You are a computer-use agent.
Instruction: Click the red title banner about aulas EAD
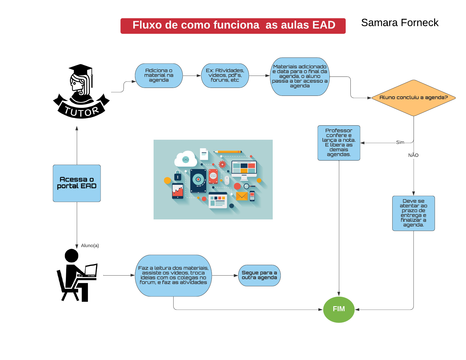pos(233,26)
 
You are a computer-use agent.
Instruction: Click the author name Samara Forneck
pos(400,23)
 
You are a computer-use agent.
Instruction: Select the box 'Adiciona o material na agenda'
pos(159,76)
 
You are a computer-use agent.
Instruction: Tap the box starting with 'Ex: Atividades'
pos(225,76)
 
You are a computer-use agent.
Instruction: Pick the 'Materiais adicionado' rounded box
pos(299,76)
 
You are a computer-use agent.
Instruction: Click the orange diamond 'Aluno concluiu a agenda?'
pos(413,98)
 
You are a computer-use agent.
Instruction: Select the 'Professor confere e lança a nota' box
pos(339,143)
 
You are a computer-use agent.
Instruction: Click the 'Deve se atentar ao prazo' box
pos(413,213)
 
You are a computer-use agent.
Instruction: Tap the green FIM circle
pos(339,309)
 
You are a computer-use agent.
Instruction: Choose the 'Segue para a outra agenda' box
pos(259,275)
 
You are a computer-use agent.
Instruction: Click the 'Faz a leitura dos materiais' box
pos(173,275)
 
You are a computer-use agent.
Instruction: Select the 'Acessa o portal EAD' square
pos(77,183)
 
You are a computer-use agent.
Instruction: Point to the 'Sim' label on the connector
pos(400,142)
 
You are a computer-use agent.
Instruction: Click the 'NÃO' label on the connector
pos(413,155)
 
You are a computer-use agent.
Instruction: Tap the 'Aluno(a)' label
pos(90,246)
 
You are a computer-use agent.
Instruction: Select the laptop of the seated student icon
pos(91,270)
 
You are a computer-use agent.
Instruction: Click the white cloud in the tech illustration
pos(185,159)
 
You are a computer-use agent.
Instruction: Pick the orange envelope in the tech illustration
pos(242,196)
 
